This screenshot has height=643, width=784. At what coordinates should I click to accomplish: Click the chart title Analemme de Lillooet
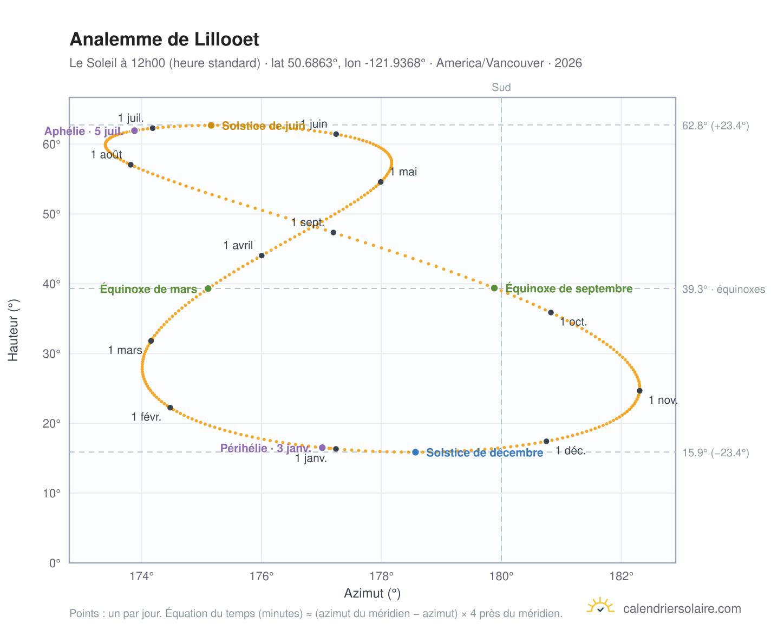coord(164,40)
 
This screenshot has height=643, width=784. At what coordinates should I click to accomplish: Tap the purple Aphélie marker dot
coord(134,130)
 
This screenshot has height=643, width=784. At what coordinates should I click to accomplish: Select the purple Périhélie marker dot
coord(322,447)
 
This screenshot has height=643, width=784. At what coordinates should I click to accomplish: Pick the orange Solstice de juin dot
coord(211,125)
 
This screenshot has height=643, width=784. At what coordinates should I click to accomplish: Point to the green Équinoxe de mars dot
coord(208,288)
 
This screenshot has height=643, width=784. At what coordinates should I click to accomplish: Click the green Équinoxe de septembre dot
coord(494,288)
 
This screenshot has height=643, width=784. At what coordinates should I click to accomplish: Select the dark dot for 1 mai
coord(380,182)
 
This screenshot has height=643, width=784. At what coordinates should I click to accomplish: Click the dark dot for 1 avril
coord(262,255)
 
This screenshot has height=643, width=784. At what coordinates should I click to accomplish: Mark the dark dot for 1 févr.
coord(170,408)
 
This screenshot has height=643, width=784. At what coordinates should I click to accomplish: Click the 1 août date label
coord(106,154)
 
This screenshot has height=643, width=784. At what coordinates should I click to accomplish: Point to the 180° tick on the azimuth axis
coord(501,576)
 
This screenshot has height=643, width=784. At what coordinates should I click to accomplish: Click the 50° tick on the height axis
coord(51,214)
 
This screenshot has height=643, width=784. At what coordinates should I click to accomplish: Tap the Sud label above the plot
coord(501,87)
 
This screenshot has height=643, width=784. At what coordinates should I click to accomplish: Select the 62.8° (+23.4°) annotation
coord(715,126)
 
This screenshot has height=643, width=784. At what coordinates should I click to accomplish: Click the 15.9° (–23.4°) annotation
coord(715,452)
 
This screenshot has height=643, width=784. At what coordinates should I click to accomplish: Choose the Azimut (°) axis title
coord(372,593)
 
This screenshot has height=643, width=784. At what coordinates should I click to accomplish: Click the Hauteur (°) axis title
coord(13,330)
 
